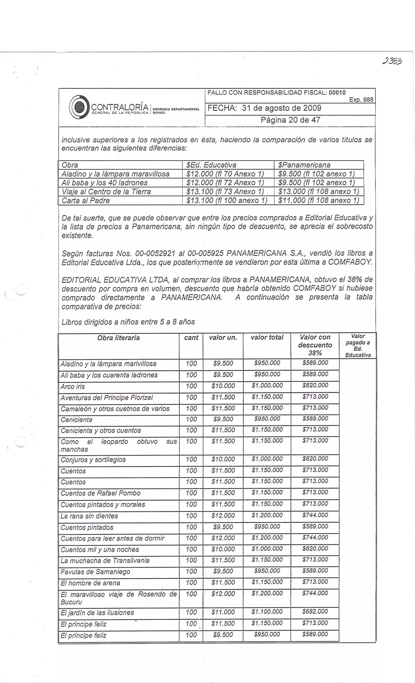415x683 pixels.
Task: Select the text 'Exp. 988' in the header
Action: tap(361, 99)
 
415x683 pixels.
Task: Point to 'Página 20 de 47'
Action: tap(290, 120)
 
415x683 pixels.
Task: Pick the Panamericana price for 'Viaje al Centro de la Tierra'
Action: tap(319, 192)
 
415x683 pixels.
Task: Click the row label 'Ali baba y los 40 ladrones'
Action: tap(105, 183)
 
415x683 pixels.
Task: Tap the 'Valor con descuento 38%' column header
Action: tap(315, 345)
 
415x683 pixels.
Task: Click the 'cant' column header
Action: tap(191, 337)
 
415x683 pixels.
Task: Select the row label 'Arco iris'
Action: tap(73, 386)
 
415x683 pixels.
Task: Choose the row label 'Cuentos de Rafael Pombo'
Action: tap(101, 493)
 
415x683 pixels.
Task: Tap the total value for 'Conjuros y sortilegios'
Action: tap(267, 459)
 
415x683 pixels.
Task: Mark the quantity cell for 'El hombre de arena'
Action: tap(191, 582)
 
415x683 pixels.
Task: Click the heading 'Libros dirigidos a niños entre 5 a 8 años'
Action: tap(128, 322)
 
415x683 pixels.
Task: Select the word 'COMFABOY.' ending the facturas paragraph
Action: tap(350, 262)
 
